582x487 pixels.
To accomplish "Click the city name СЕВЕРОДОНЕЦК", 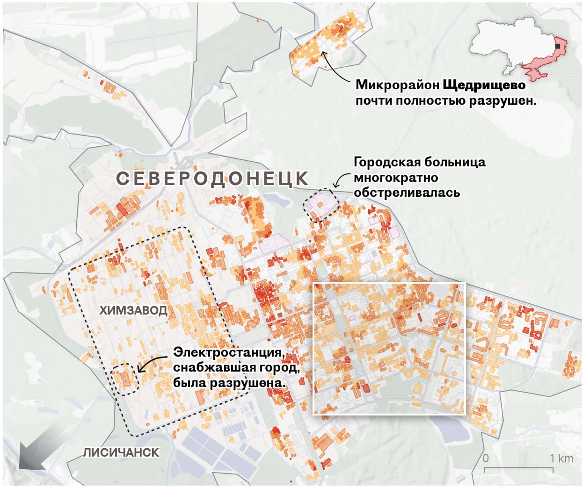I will pyautogui.click(x=212, y=179).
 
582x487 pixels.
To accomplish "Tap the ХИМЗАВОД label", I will pyautogui.click(x=133, y=310).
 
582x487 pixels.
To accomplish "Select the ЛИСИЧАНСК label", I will pyautogui.click(x=121, y=452).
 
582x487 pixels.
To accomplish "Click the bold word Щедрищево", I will pyautogui.click(x=484, y=85).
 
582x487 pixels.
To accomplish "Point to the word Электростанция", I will pyautogui.click(x=229, y=352).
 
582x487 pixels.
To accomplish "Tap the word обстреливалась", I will pyautogui.click(x=407, y=193).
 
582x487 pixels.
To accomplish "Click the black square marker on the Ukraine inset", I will pyautogui.click(x=558, y=46).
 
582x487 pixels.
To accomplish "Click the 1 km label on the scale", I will pyautogui.click(x=561, y=458).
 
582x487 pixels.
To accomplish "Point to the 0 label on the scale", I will pyautogui.click(x=486, y=458).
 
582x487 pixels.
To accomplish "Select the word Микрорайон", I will pyautogui.click(x=397, y=85).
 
